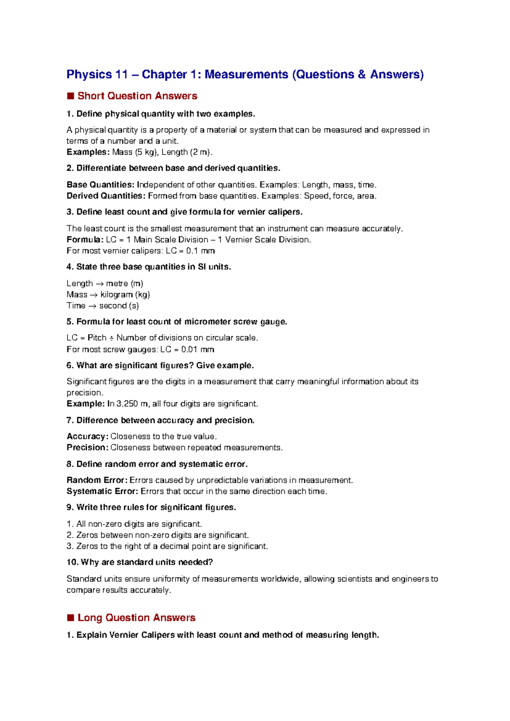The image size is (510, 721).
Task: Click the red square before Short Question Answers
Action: (71, 96)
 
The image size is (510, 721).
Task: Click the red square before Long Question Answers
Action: (71, 618)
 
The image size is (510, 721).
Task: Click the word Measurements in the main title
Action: (246, 74)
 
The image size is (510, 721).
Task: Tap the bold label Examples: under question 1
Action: (88, 152)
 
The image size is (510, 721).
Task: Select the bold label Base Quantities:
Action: (100, 185)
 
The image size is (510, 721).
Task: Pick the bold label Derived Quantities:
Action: (106, 196)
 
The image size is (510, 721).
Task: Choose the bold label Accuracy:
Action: (87, 437)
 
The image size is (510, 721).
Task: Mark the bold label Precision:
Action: (87, 448)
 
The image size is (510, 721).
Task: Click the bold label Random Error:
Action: (97, 480)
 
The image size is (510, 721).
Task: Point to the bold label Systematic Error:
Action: (102, 491)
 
